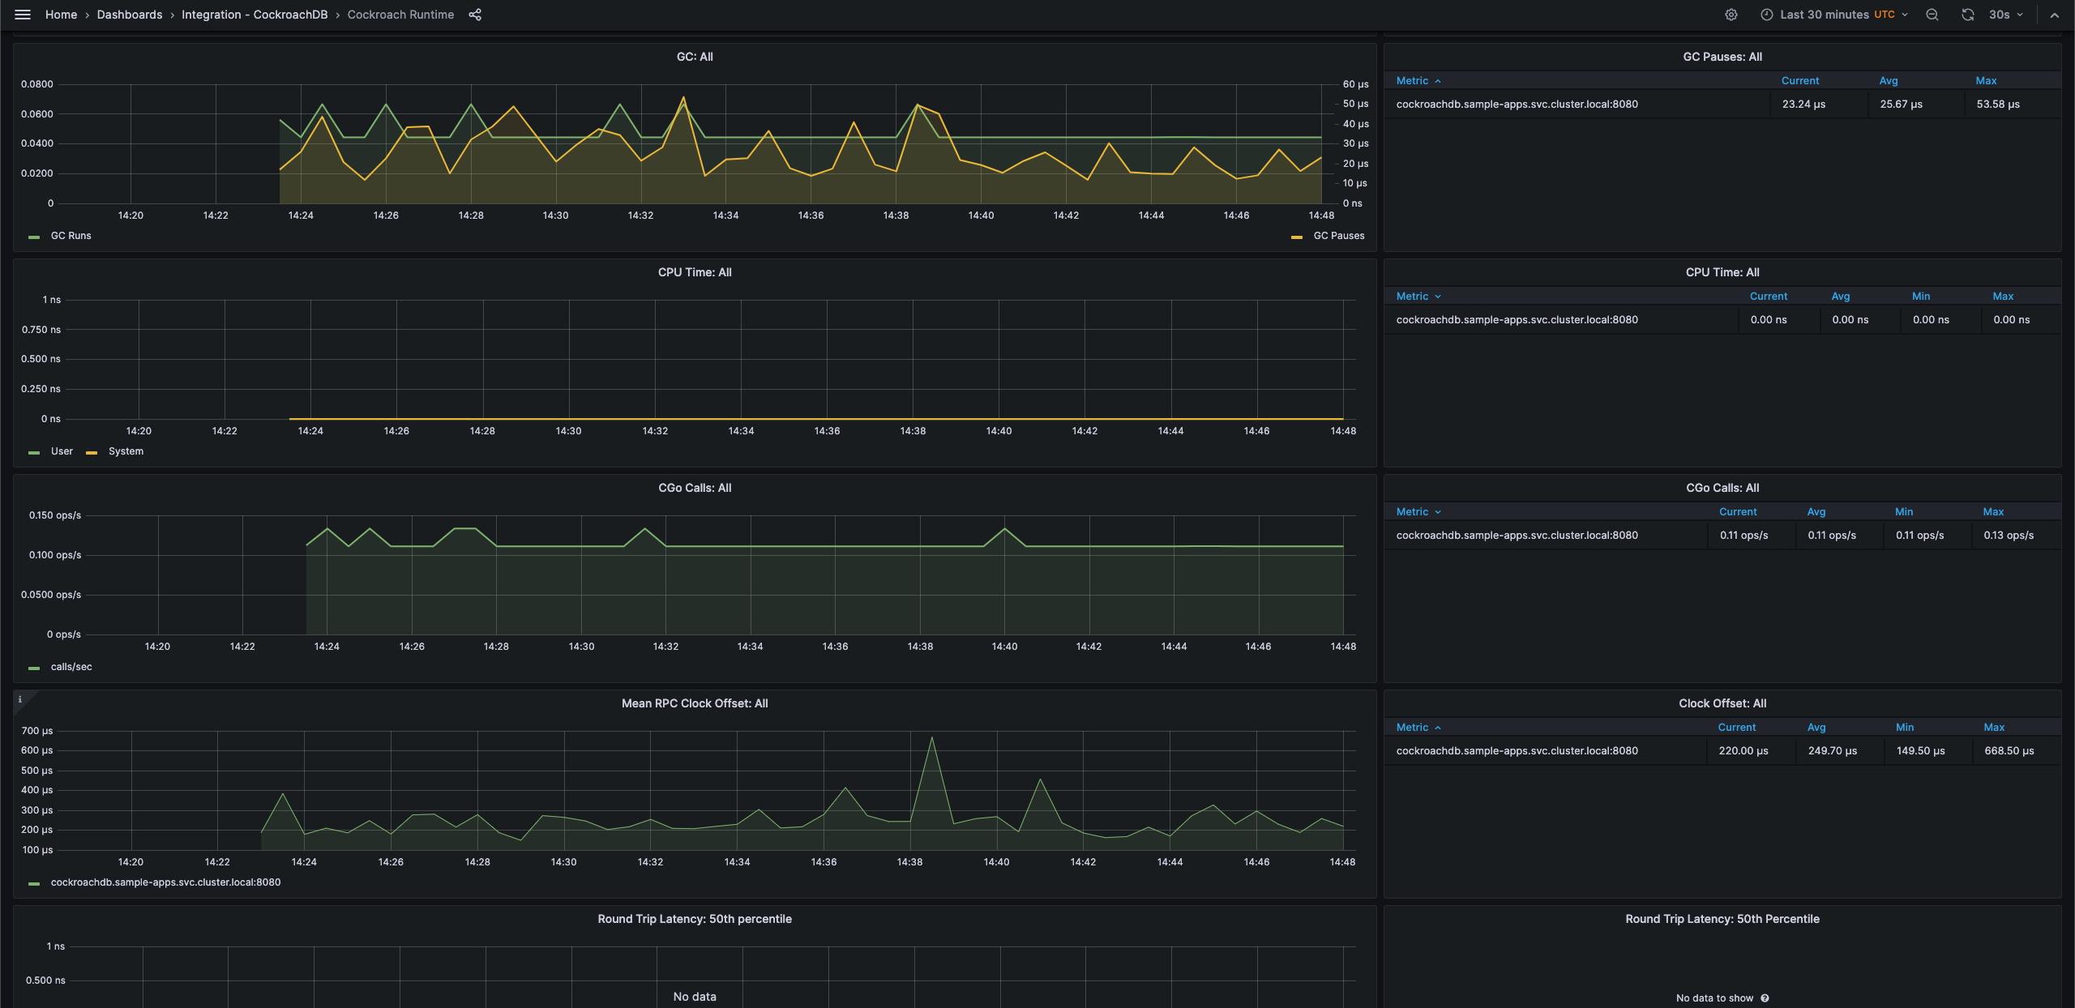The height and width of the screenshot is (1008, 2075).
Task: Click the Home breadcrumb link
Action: click(61, 15)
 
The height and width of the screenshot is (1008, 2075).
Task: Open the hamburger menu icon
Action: click(23, 15)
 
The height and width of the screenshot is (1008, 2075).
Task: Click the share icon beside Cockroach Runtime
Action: click(475, 15)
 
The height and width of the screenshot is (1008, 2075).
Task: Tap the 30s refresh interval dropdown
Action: click(2005, 15)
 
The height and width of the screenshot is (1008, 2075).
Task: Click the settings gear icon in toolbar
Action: click(1731, 15)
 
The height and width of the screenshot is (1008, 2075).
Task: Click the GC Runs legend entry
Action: click(71, 236)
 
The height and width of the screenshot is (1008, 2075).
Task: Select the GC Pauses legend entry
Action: click(1338, 236)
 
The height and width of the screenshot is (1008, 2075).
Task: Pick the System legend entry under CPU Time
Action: click(126, 451)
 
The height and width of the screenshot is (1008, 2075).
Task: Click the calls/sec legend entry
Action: click(71, 667)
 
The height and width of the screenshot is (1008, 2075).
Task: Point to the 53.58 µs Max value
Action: click(1998, 105)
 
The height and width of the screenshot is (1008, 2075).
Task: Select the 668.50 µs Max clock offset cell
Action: click(2009, 751)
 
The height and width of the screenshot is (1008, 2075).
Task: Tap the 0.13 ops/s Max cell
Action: click(2008, 536)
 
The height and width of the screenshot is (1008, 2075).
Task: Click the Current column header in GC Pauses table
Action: click(1799, 81)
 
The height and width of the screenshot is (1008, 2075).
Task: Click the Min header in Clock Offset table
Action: click(1904, 728)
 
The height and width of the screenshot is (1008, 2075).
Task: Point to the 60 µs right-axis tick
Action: click(1355, 84)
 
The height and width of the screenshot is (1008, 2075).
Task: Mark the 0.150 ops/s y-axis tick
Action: click(55, 515)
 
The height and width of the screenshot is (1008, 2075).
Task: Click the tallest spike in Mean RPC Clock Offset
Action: click(932, 738)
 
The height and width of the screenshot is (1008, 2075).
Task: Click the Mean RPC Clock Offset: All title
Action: click(695, 703)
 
